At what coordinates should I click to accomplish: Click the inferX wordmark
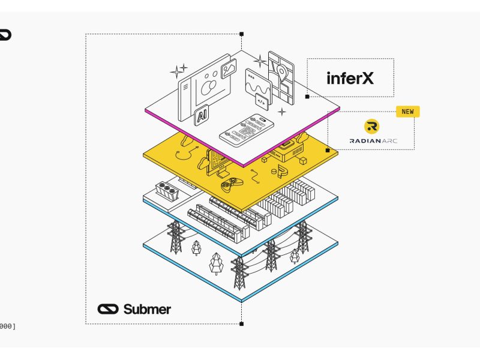(x=350, y=78)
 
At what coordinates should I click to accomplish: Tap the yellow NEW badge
(x=407, y=112)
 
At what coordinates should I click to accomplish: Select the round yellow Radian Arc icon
(x=372, y=127)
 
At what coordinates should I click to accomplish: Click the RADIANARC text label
(x=373, y=142)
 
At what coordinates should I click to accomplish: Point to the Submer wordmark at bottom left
(x=134, y=310)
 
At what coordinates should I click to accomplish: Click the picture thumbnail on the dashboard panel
(x=228, y=70)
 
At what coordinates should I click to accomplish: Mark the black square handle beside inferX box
(x=307, y=96)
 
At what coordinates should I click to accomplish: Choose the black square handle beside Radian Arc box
(x=327, y=149)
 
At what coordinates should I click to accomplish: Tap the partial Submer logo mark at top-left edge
(x=5, y=35)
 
